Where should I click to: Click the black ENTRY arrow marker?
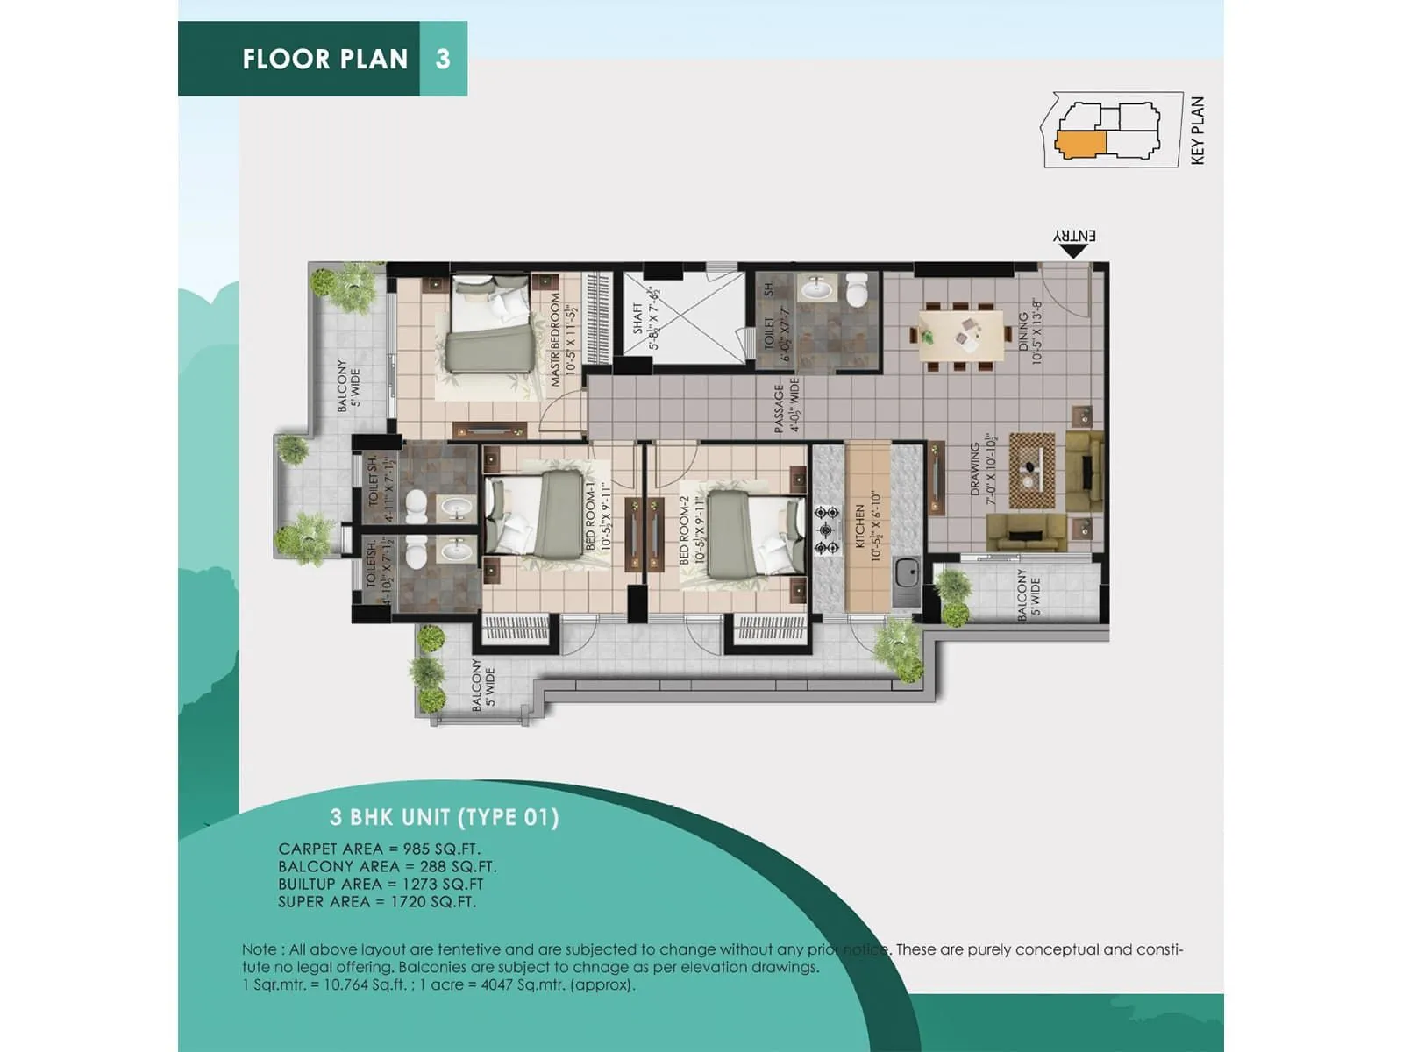(1072, 251)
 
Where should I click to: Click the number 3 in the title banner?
(443, 59)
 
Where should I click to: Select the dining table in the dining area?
(962, 334)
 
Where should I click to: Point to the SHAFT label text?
(637, 318)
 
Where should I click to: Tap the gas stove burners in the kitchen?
(826, 530)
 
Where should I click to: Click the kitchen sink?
(907, 575)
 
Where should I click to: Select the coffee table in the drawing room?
(1032, 470)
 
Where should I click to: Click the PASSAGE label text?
(779, 409)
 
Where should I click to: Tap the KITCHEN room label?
(860, 526)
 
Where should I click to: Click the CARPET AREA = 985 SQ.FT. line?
(379, 849)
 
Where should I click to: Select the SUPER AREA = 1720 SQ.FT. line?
(377, 901)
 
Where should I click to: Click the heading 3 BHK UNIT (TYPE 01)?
(444, 817)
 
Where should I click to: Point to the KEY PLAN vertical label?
(1198, 130)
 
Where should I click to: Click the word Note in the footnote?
(259, 949)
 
